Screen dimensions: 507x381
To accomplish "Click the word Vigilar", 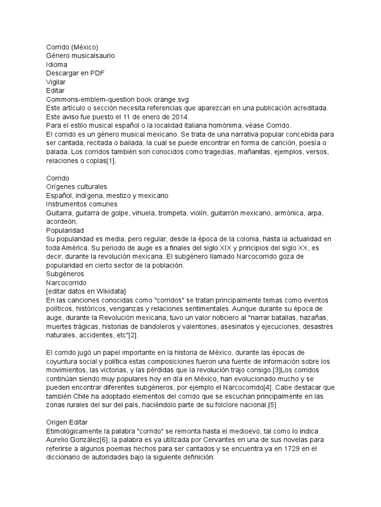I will (x=56, y=82).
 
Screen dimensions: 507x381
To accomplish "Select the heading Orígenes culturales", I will (x=76, y=187).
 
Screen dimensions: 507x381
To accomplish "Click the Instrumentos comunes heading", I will (x=81, y=204).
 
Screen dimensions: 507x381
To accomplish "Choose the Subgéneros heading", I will (x=65, y=273).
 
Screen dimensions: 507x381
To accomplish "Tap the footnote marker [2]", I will (x=132, y=335).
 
